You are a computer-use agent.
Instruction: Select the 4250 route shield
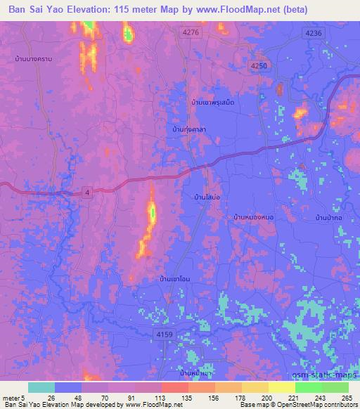(x=259, y=65)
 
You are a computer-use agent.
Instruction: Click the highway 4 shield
(x=87, y=193)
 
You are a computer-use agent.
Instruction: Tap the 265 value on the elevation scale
(x=346, y=397)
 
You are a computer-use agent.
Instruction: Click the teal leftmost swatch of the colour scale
(x=41, y=387)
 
